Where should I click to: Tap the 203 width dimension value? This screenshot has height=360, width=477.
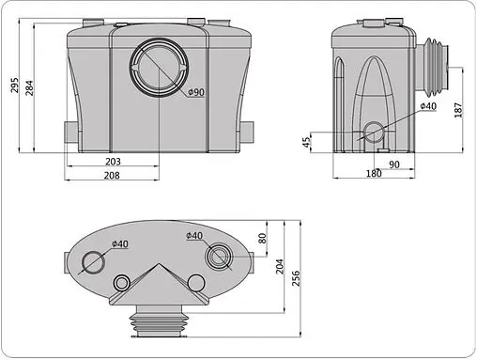click(138, 162)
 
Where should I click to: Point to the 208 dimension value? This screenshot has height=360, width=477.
click(138, 176)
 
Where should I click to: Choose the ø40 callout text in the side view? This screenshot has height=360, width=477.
click(427, 106)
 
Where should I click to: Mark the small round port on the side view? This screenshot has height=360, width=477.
click(373, 133)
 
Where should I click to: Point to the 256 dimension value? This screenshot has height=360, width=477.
click(297, 278)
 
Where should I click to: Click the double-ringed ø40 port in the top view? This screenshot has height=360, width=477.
click(223, 256)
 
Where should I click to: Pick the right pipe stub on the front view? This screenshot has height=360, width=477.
click(249, 133)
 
